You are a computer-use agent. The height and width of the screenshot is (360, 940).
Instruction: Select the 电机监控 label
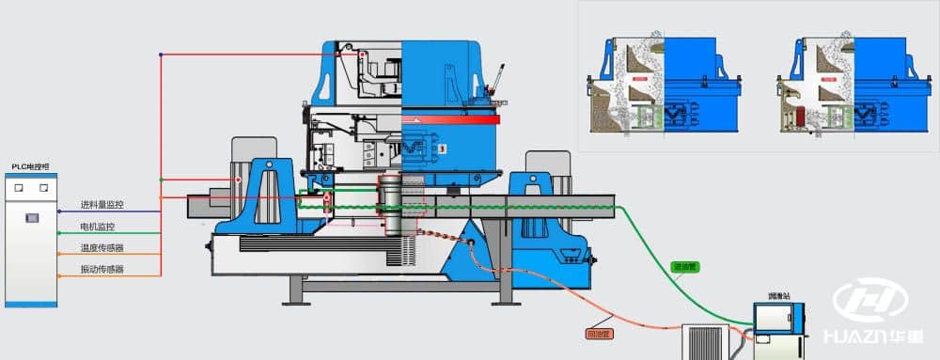pos(98,227)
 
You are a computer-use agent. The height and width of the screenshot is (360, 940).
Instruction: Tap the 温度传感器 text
pos(102,248)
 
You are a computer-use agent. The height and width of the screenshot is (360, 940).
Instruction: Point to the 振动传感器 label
pos(102,270)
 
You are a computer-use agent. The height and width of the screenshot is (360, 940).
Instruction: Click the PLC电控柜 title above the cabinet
pos(29,166)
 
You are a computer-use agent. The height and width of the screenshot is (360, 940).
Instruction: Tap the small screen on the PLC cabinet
pos(31,218)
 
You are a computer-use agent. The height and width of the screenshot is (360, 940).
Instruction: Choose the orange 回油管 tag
pos(599,333)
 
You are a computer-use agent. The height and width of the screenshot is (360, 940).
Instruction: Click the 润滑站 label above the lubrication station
pos(780,296)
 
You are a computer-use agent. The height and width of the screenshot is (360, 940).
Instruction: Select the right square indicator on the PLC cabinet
pos(42,188)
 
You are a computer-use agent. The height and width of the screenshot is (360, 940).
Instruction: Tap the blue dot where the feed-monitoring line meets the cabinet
pos(58,210)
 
